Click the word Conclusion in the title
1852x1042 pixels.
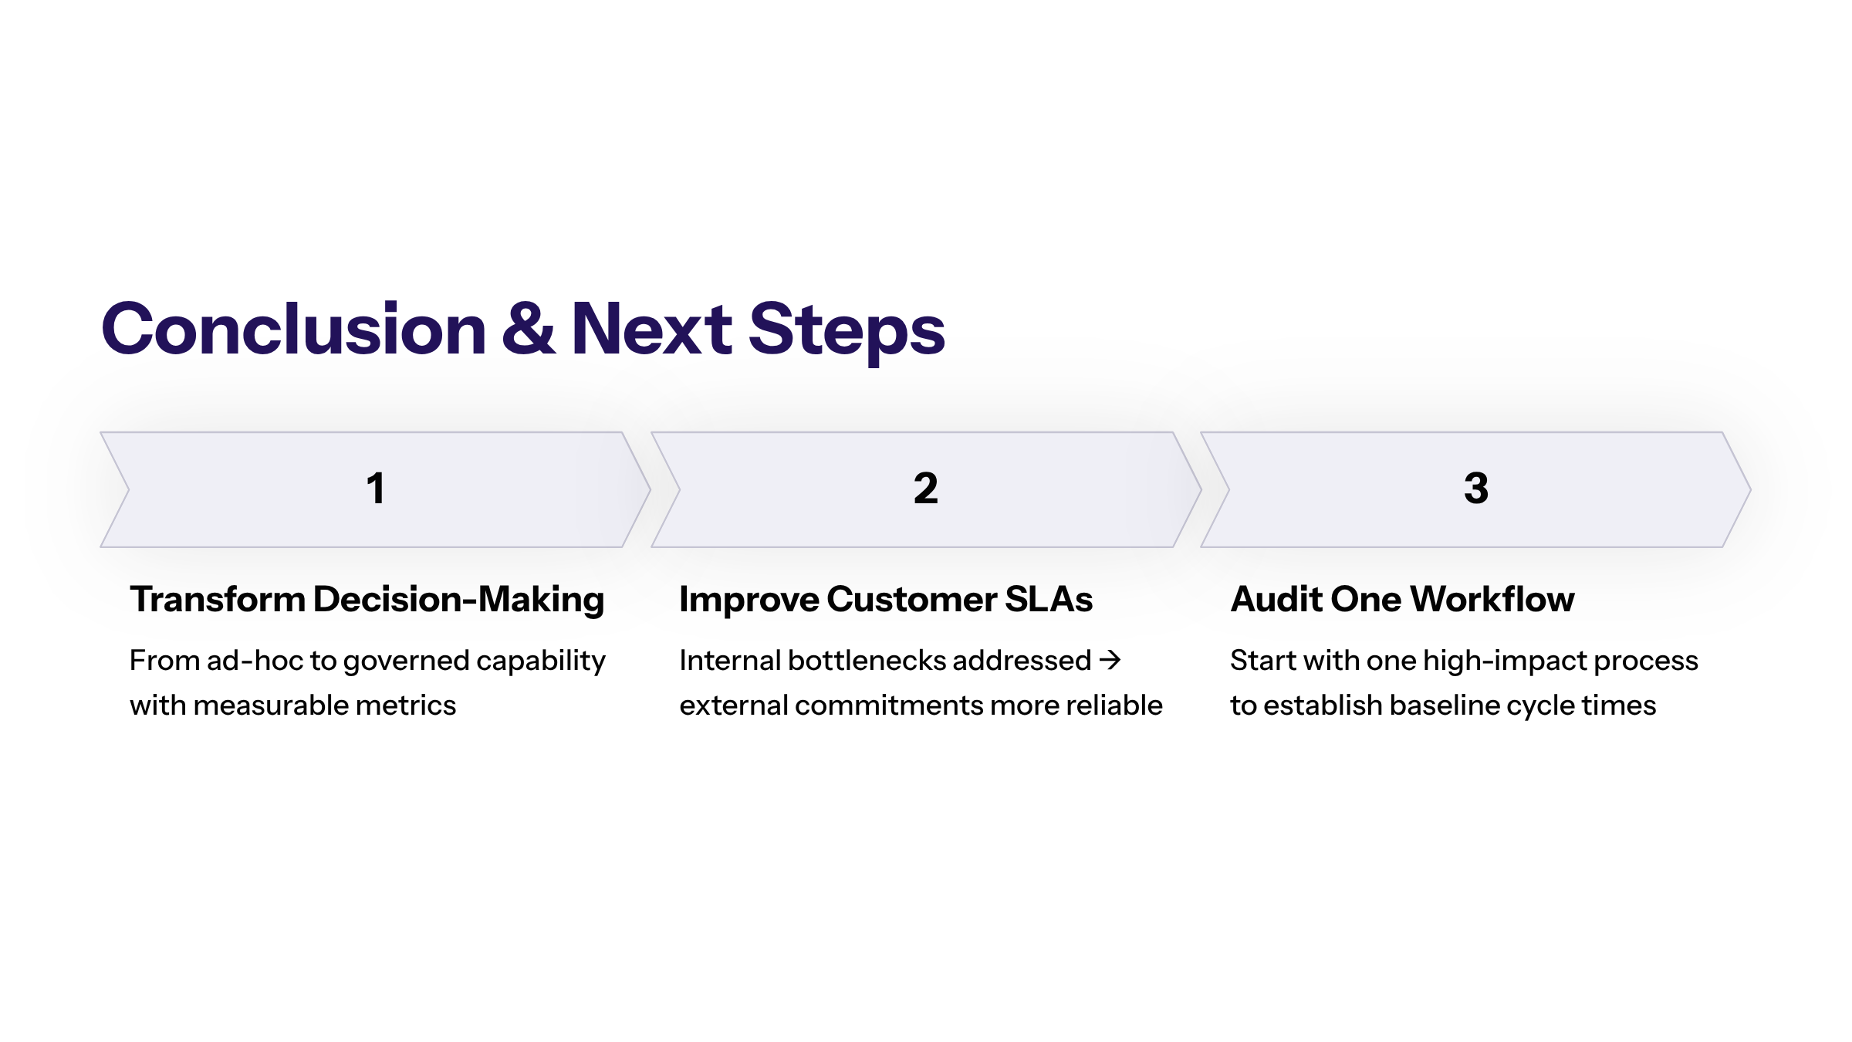click(x=294, y=330)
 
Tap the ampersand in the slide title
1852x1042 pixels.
click(x=529, y=330)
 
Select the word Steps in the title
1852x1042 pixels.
click(x=847, y=332)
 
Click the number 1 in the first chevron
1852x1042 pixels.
click(x=376, y=489)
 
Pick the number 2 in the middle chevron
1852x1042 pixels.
click(x=926, y=489)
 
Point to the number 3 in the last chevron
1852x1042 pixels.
click(x=1476, y=489)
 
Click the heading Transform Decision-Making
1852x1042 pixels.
click(x=367, y=601)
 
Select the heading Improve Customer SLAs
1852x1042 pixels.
click(x=886, y=600)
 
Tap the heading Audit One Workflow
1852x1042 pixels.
click(x=1402, y=600)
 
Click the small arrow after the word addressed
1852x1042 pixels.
click(x=1110, y=660)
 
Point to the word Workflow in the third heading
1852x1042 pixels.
click(x=1493, y=600)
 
